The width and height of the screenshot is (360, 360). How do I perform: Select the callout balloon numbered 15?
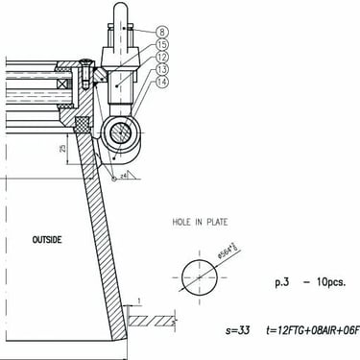[x=161, y=44]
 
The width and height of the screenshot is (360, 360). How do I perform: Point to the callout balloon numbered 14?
[x=161, y=83]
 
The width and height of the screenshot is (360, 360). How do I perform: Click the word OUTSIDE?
[x=47, y=239]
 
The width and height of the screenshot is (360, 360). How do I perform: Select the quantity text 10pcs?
[x=326, y=283]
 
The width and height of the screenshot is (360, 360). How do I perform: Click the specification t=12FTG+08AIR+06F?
[x=310, y=331]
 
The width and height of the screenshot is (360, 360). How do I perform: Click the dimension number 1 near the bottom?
[x=140, y=302]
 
